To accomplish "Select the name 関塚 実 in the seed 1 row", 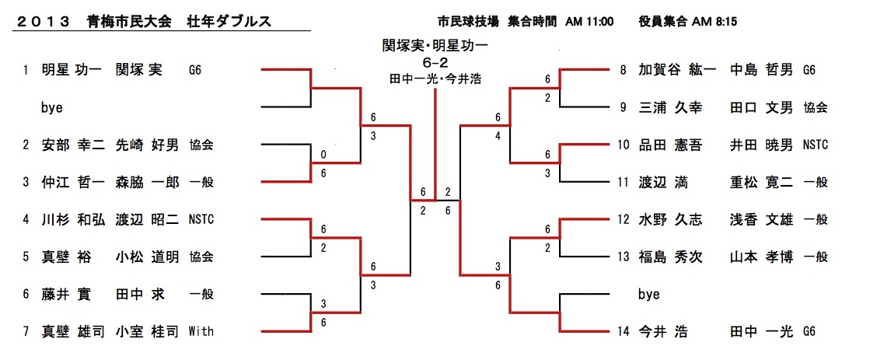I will [x=139, y=70].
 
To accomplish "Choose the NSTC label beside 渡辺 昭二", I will [x=201, y=219].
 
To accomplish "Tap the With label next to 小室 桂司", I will [x=201, y=331].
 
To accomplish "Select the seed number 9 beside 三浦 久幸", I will [x=623, y=107].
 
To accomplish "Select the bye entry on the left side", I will [x=51, y=107].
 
